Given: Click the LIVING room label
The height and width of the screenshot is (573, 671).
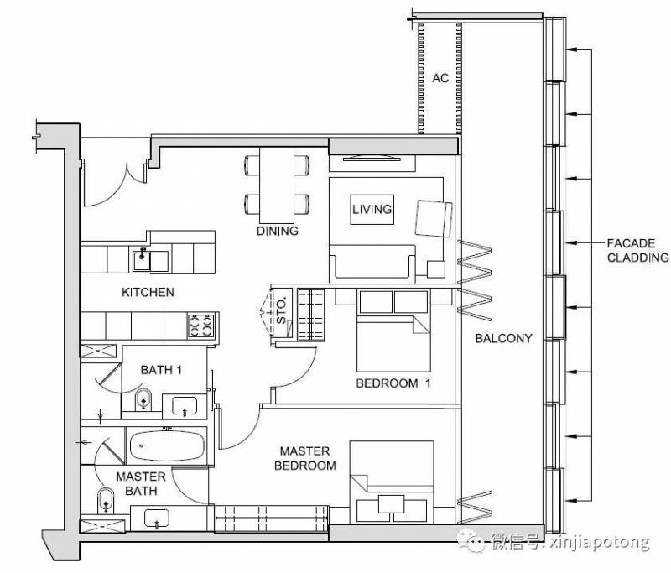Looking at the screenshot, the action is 372,209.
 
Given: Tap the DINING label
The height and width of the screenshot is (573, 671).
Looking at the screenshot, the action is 278,231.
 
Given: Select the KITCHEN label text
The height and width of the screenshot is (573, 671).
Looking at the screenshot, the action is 148,292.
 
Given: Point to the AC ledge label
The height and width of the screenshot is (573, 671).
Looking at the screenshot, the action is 440,78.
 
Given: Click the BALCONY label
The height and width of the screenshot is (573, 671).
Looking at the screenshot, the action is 504,338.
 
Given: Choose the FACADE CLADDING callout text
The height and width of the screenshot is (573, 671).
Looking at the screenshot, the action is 637,250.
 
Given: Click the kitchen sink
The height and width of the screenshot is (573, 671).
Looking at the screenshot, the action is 142,261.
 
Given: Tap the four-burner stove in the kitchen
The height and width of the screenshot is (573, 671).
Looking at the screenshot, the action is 200,326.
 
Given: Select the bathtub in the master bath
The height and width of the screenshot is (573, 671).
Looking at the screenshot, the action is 167,445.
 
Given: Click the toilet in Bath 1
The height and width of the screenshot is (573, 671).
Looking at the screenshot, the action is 143,400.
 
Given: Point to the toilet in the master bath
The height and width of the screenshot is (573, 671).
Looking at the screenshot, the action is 106,500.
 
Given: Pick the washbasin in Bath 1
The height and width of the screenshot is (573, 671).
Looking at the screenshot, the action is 185,405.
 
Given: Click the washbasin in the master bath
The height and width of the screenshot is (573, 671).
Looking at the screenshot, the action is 157,518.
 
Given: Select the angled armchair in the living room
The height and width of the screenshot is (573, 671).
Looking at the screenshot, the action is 434,219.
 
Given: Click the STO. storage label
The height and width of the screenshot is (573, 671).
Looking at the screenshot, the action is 281,310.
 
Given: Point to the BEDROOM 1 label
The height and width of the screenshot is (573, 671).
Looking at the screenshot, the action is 393,383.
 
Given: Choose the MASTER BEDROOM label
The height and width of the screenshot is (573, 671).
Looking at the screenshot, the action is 305,458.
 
